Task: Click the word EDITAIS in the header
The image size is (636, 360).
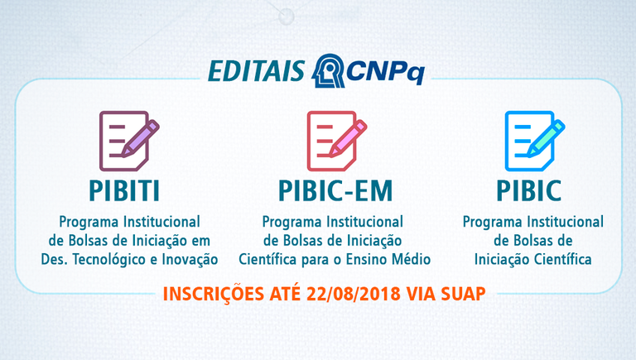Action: pyautogui.click(x=257, y=71)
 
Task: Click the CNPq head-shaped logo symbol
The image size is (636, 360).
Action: pyautogui.click(x=328, y=70)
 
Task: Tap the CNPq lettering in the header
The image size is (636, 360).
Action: pyautogui.click(x=385, y=72)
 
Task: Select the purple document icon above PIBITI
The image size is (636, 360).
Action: pyautogui.click(x=129, y=141)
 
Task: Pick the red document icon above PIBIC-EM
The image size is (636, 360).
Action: pyautogui.click(x=337, y=141)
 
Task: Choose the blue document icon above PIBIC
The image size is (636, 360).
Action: pyautogui.click(x=535, y=141)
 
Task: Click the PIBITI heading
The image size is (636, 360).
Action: pyautogui.click(x=124, y=190)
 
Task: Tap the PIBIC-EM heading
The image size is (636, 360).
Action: pyautogui.click(x=335, y=190)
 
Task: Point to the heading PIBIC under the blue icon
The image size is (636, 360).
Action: pyautogui.click(x=529, y=190)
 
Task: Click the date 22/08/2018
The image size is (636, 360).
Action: pyautogui.click(x=354, y=294)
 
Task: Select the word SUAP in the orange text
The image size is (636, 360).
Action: pyautogui.click(x=463, y=294)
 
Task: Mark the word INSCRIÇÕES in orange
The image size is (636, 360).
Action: pyautogui.click(x=214, y=295)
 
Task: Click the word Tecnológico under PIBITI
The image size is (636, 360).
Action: pyautogui.click(x=110, y=260)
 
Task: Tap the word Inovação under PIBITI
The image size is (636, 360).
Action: pyautogui.click(x=190, y=260)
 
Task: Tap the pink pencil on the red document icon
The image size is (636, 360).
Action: pyautogui.click(x=348, y=138)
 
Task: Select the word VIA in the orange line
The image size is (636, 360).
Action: pyautogui.click(x=421, y=294)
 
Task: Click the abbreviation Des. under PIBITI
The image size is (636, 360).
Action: pyautogui.click(x=55, y=259)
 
